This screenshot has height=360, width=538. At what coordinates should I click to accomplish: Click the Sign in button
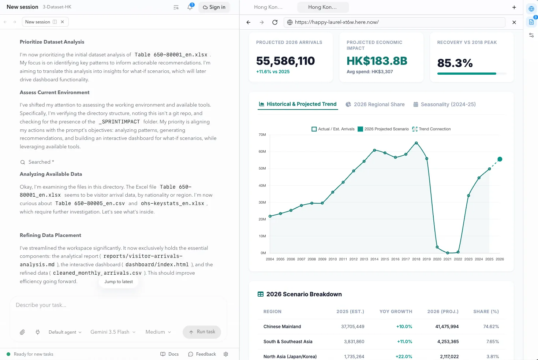coord(214,7)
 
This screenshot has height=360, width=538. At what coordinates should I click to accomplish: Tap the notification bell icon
coord(190,7)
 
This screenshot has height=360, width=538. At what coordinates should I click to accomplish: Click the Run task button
coord(202,332)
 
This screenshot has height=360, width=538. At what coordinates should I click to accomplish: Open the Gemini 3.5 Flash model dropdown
coord(113,332)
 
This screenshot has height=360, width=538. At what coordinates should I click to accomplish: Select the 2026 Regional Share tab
coord(375,104)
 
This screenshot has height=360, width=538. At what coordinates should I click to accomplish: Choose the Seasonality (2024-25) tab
coord(444,104)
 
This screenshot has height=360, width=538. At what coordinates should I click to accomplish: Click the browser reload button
coord(275,22)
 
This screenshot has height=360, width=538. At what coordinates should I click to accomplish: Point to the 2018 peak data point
coord(416,143)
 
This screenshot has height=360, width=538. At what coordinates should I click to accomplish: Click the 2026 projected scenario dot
coord(500,159)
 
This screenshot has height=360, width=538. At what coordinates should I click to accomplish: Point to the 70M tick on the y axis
coord(262,134)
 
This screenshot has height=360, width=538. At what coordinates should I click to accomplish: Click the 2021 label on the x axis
coord(448,259)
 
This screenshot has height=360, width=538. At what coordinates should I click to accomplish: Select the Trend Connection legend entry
coord(431,129)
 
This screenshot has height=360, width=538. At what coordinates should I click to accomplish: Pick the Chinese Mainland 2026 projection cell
coord(447,327)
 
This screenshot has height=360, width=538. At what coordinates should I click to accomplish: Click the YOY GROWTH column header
coord(396,311)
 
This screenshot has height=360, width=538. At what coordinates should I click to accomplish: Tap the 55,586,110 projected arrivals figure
coord(285,61)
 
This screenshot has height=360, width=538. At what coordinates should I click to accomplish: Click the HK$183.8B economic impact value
coord(377,61)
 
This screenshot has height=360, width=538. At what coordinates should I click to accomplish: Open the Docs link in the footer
coord(169,354)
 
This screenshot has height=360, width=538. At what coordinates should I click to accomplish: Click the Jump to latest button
coord(119,282)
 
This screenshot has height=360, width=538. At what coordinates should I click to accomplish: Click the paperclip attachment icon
coord(22,332)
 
